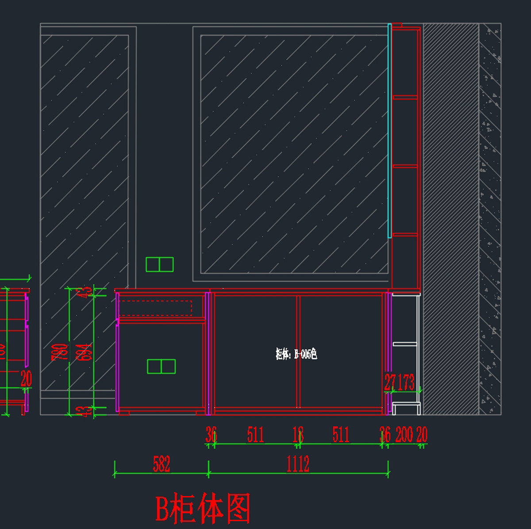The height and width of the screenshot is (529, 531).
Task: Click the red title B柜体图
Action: (x=203, y=508)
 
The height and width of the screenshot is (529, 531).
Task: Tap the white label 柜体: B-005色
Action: (x=296, y=354)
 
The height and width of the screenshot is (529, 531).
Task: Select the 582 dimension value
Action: (x=162, y=464)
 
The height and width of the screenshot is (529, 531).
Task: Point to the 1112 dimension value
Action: (x=298, y=464)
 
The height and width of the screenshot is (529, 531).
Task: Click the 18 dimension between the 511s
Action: (x=298, y=435)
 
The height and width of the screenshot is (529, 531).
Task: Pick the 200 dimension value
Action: (x=404, y=435)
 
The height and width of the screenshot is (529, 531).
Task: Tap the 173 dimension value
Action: (x=406, y=382)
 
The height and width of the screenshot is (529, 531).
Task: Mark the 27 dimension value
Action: (x=390, y=382)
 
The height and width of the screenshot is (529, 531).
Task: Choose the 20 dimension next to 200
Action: (x=422, y=435)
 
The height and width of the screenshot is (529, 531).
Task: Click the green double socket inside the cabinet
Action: (x=161, y=366)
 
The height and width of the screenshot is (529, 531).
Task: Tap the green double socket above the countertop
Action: (x=160, y=264)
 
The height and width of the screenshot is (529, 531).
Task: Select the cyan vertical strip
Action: (x=389, y=131)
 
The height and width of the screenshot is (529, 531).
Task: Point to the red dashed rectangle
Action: (x=155, y=308)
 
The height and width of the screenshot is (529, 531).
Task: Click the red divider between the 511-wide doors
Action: (x=298, y=351)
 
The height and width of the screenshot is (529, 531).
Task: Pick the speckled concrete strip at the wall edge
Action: (x=490, y=219)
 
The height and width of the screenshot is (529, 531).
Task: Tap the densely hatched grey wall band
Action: (x=451, y=219)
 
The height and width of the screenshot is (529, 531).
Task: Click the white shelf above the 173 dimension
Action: (x=405, y=344)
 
